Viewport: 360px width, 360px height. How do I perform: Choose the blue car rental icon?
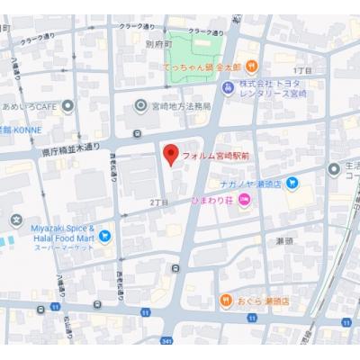click(228, 86)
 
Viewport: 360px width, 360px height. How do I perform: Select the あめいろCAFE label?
click(31, 105)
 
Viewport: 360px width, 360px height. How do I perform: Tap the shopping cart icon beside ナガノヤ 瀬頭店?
click(292, 184)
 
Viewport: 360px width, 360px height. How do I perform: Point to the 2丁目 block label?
click(159, 201)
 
